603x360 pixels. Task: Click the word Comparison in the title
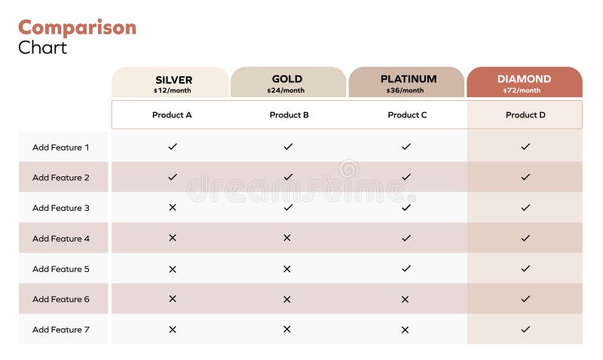pos(77,28)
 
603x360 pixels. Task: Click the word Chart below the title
pos(43,47)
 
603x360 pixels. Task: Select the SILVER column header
pos(173,80)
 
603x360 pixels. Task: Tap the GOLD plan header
pos(287,79)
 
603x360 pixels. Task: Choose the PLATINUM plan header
pos(408,79)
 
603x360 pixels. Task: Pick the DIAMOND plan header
pos(524,79)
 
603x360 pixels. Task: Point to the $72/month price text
pos(522,90)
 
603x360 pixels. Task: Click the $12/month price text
pos(173,90)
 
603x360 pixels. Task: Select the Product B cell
pos(289,115)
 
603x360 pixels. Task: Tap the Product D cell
pos(525,115)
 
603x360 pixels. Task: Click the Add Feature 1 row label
pos(60,147)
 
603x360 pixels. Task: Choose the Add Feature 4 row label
pos(60,238)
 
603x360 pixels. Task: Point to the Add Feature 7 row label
pos(60,329)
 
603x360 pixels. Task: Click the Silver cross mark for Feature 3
pos(173,207)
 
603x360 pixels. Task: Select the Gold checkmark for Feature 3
pos(288,207)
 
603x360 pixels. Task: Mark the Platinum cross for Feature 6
pos(406,299)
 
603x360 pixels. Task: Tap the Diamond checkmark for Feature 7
pos(525,329)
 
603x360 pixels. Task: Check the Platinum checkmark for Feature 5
pos(406,268)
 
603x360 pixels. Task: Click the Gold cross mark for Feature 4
pos(287,238)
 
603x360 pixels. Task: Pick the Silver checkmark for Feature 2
pos(173,177)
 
